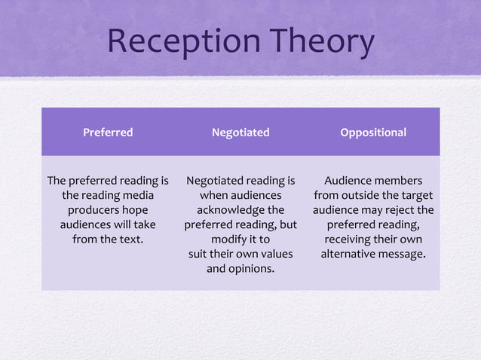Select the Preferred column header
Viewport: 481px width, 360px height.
[108, 133]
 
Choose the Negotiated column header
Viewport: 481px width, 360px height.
[240, 133]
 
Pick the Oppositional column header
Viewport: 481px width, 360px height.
[373, 133]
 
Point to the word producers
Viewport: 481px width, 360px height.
[97, 210]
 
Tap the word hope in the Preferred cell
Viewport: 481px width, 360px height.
[137, 210]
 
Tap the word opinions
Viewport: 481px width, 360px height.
[252, 269]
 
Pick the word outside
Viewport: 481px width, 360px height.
[362, 195]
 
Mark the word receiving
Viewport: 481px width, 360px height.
[350, 239]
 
